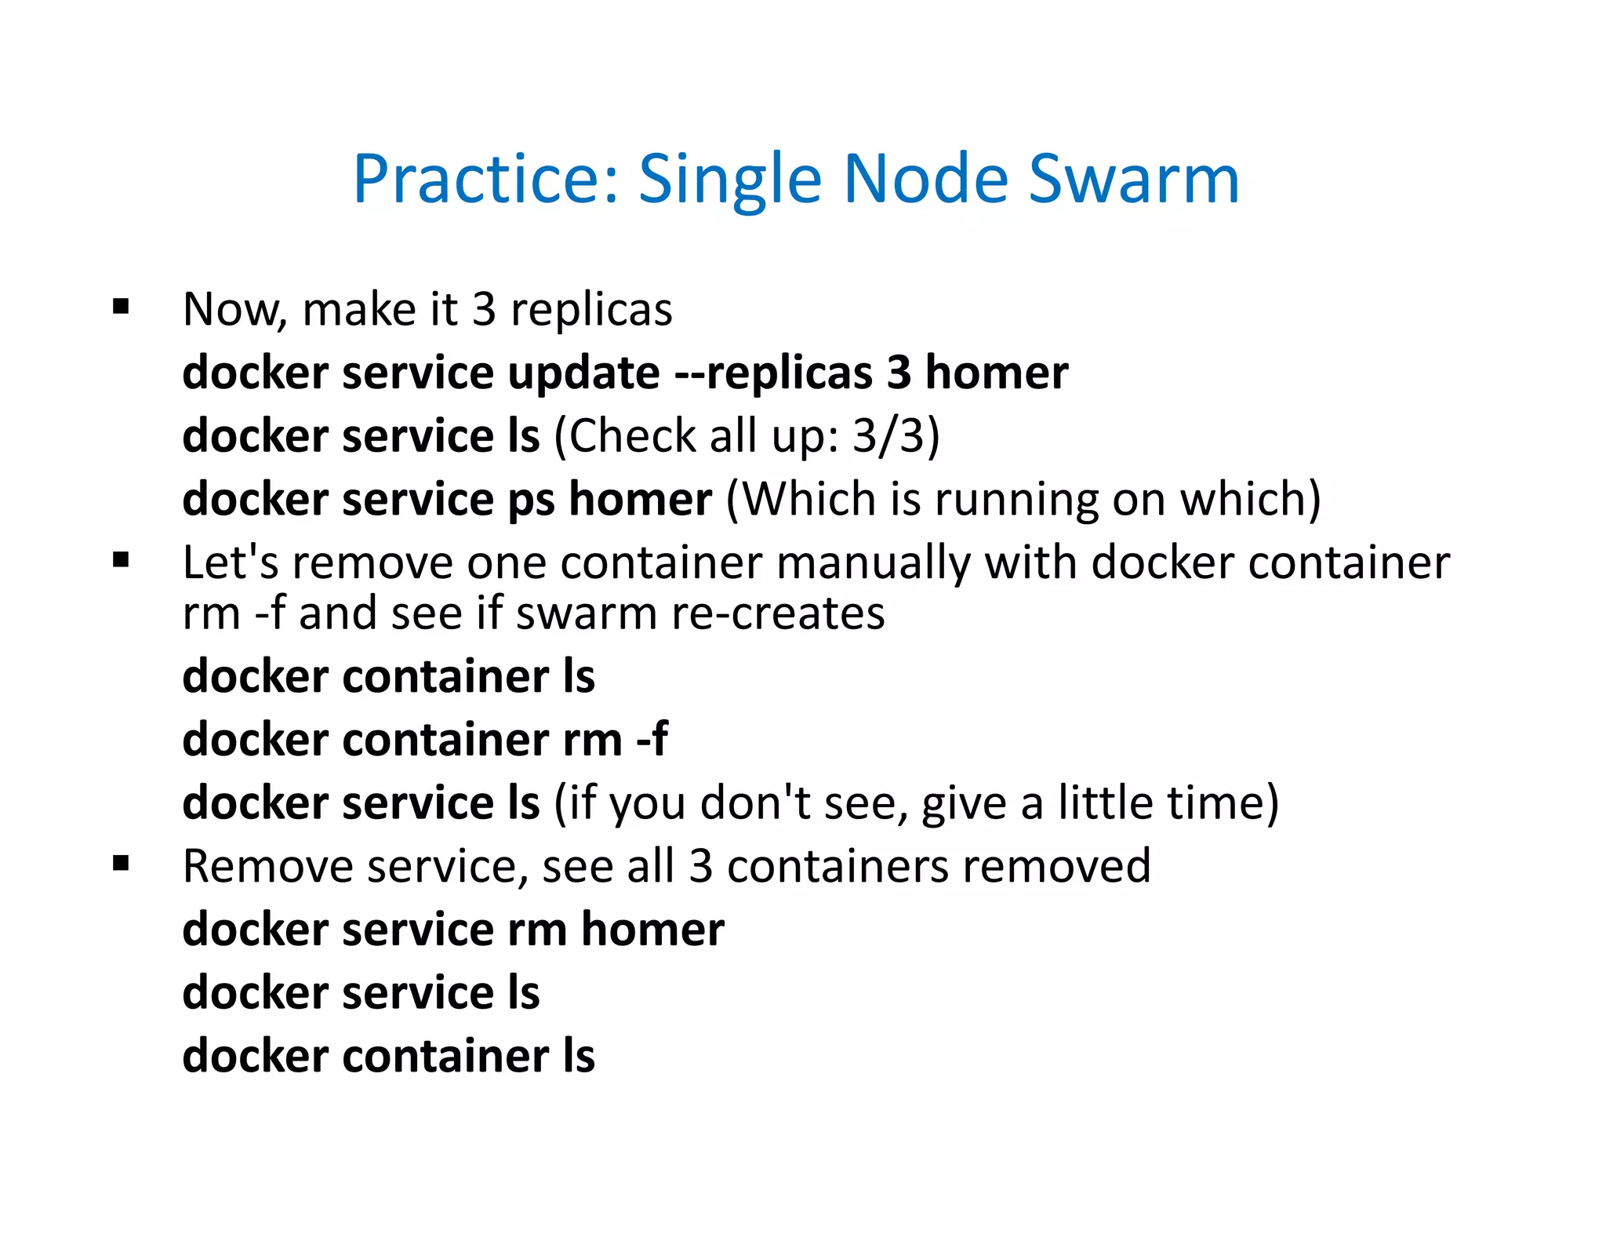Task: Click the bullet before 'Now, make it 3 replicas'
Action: pyautogui.click(x=121, y=306)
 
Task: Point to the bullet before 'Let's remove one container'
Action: pyautogui.click(x=121, y=560)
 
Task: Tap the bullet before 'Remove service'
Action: pyautogui.click(x=121, y=864)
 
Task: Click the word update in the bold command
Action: pyautogui.click(x=583, y=373)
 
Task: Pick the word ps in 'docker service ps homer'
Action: pyautogui.click(x=531, y=500)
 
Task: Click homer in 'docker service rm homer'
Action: pyautogui.click(x=652, y=930)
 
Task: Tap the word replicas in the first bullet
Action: pyautogui.click(x=591, y=311)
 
